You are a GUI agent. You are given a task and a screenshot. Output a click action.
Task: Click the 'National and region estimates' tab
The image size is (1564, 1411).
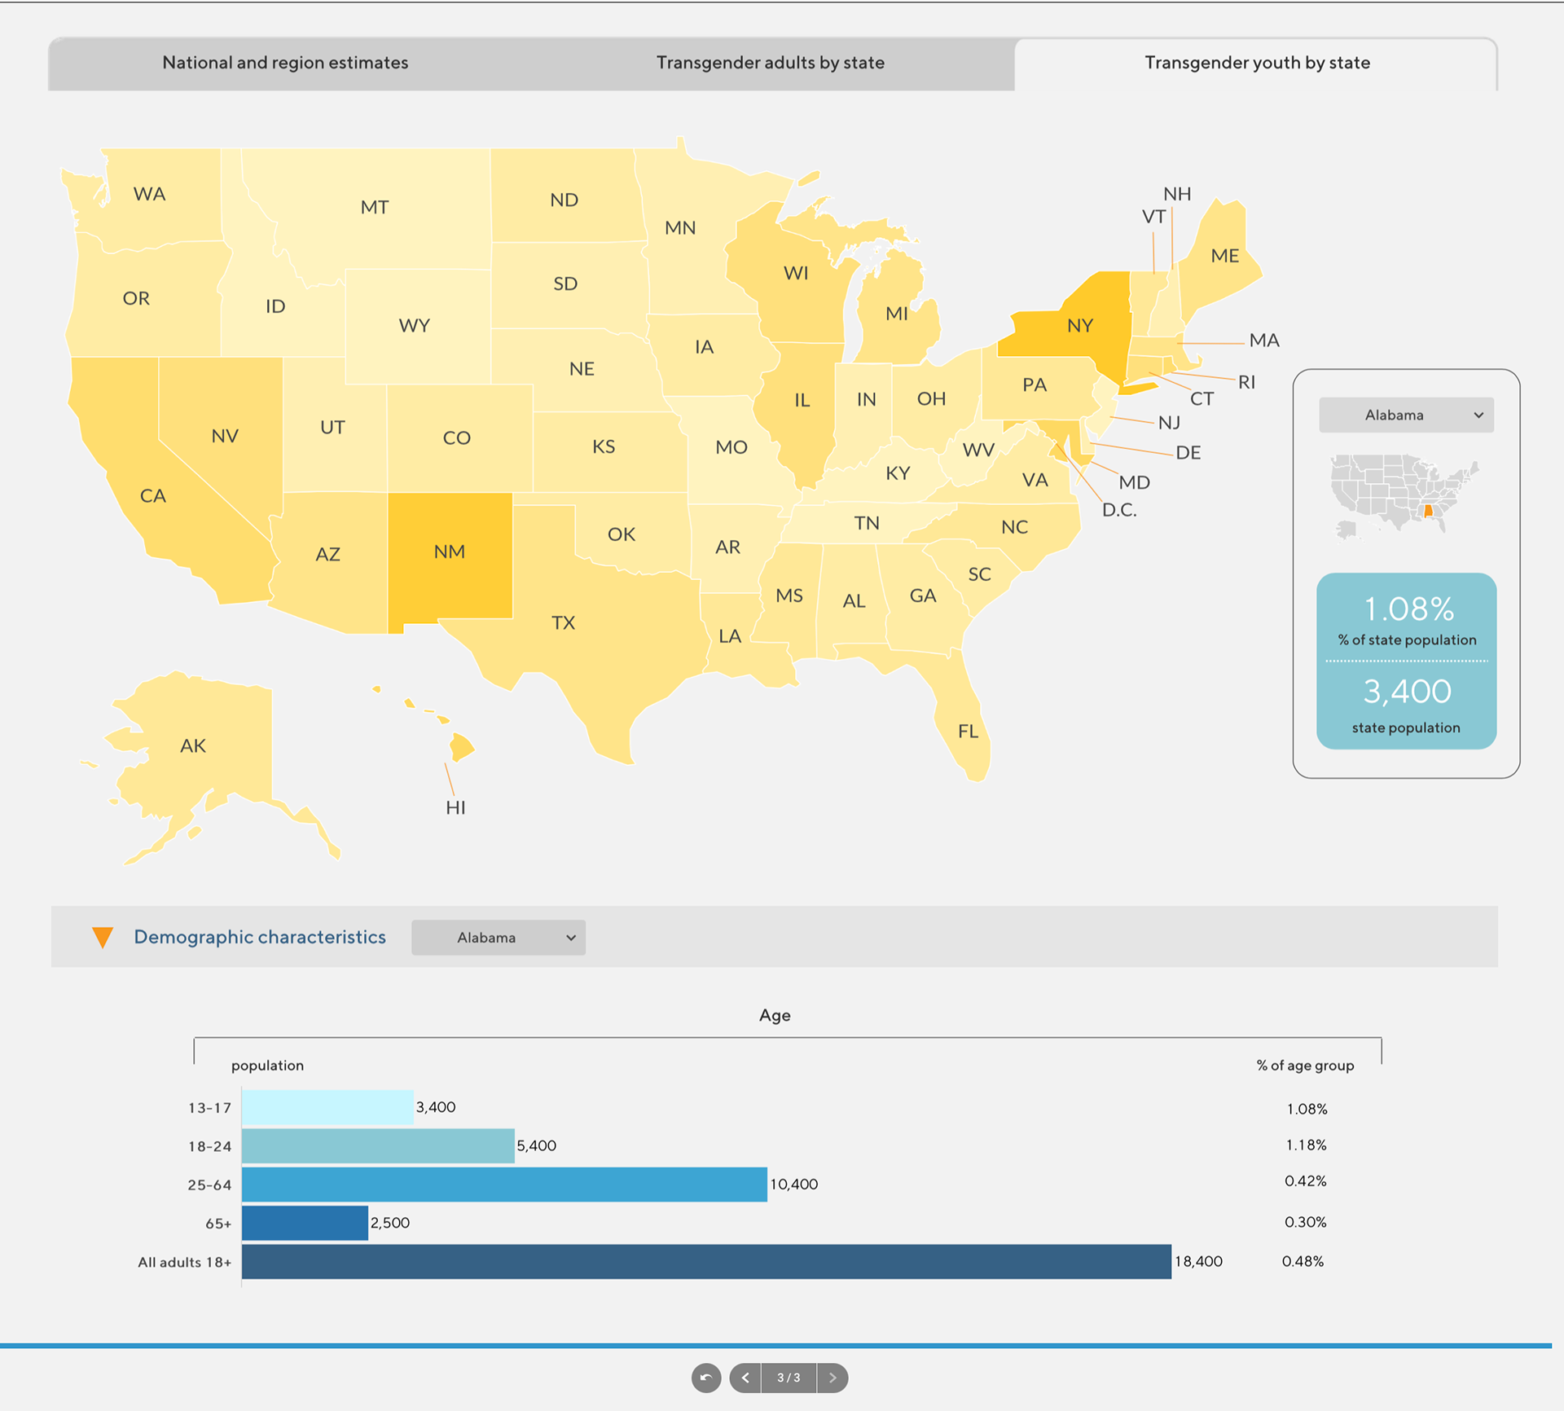[285, 63]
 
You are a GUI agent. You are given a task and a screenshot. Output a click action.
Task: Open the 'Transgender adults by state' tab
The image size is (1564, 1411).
[770, 63]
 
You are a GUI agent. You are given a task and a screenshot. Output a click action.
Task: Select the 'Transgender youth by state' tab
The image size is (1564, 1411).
[1256, 63]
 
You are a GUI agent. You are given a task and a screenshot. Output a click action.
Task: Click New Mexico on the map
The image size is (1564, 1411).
[450, 552]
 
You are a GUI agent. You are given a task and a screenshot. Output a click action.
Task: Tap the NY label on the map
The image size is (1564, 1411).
[1079, 326]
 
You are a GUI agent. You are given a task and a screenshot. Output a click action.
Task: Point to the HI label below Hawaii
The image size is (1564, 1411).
[455, 807]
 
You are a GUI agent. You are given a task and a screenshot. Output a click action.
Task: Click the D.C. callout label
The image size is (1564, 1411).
[1118, 510]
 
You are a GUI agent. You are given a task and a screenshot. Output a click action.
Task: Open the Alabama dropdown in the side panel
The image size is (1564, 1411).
[1406, 415]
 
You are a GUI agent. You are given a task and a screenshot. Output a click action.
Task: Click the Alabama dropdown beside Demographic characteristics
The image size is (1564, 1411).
[498, 938]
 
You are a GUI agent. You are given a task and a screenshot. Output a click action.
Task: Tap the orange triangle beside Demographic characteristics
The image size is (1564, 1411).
[103, 938]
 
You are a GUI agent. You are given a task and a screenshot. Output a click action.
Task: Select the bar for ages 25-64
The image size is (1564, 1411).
[504, 1185]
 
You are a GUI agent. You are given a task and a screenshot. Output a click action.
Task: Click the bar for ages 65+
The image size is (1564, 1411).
[305, 1223]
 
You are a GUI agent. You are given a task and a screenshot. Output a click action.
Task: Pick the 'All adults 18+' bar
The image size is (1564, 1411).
[706, 1261]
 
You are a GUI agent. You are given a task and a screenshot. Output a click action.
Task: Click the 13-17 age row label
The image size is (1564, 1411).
[209, 1108]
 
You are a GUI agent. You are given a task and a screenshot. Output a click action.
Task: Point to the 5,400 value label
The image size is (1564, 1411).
[536, 1145]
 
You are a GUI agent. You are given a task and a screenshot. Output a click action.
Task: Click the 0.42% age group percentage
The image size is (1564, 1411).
[1305, 1181]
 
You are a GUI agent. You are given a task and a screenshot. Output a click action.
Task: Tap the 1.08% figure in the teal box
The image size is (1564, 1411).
[1408, 609]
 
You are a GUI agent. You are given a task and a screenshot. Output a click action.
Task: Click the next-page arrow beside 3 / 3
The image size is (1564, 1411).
[832, 1378]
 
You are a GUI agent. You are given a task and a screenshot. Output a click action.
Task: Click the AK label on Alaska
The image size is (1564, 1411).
[193, 745]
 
